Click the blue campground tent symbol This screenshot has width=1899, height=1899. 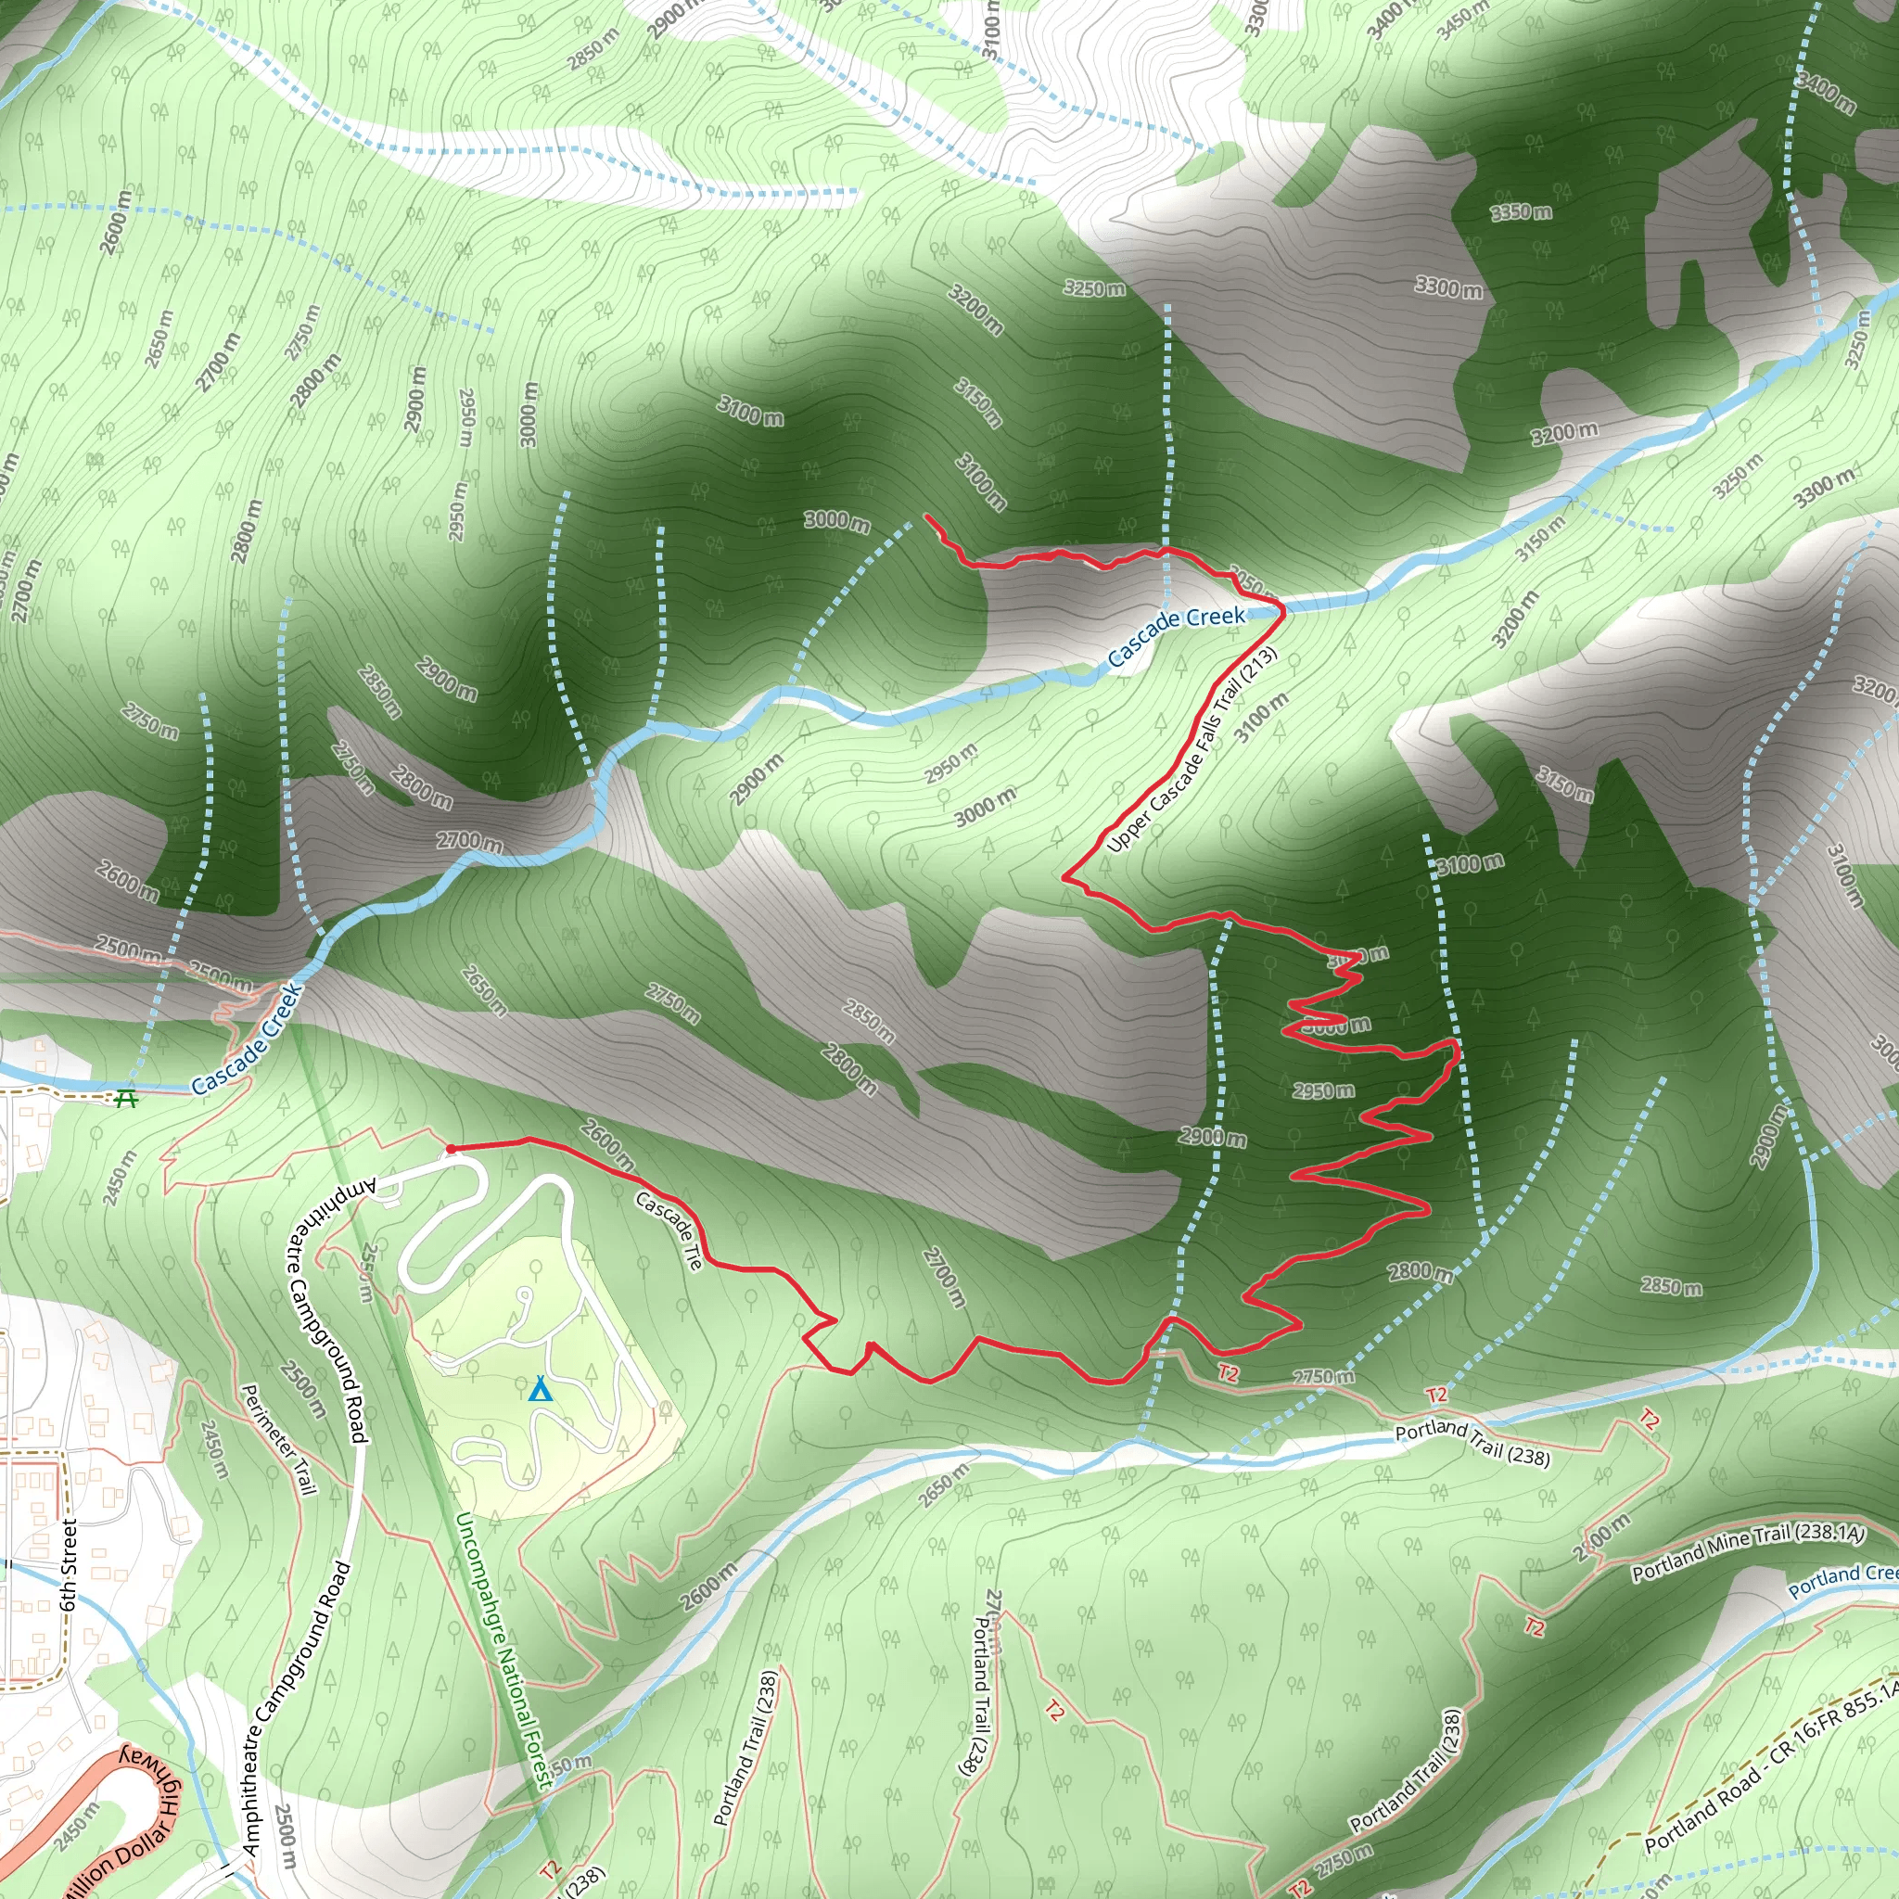pos(539,1390)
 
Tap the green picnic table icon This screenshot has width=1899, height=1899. pos(126,1098)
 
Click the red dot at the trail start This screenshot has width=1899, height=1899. pos(450,1148)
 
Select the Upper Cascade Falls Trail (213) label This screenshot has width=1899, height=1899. pos(1192,750)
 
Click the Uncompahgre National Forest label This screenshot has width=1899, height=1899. pos(502,1649)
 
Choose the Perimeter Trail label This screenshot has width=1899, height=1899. pos(279,1440)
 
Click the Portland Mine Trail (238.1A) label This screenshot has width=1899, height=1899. pos(1748,1552)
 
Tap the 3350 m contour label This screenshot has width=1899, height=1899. pos(1521,212)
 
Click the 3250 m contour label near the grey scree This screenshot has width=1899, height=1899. pos(1094,289)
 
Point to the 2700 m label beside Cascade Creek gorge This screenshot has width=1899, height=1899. pos(470,841)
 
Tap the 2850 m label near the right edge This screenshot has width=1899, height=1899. pos(1671,1287)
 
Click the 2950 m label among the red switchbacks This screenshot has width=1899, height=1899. pos(1323,1091)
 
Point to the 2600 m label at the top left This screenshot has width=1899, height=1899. pos(115,223)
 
